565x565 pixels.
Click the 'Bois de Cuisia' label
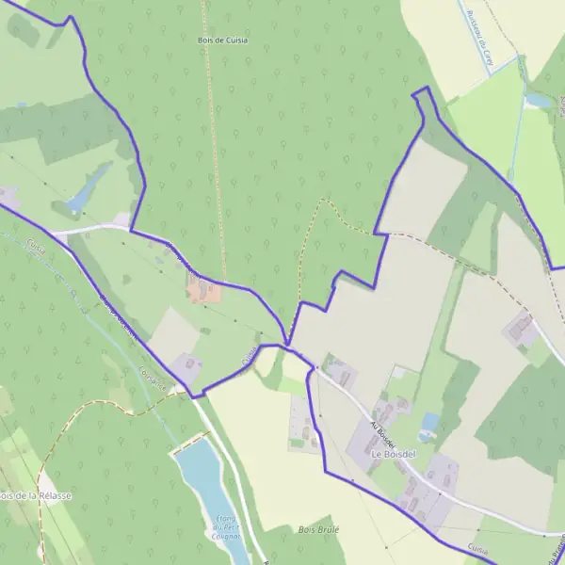pyautogui.click(x=223, y=40)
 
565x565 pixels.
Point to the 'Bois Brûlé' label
pyautogui.click(x=317, y=529)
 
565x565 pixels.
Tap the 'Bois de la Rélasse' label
pyautogui.click(x=34, y=495)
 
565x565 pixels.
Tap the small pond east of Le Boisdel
pyautogui.click(x=430, y=422)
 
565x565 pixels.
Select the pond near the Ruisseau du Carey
pyautogui.click(x=538, y=99)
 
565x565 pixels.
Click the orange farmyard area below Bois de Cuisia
pyautogui.click(x=204, y=291)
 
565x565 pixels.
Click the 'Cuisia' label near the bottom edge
pyautogui.click(x=478, y=548)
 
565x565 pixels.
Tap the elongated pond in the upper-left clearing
pyautogui.click(x=88, y=191)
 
